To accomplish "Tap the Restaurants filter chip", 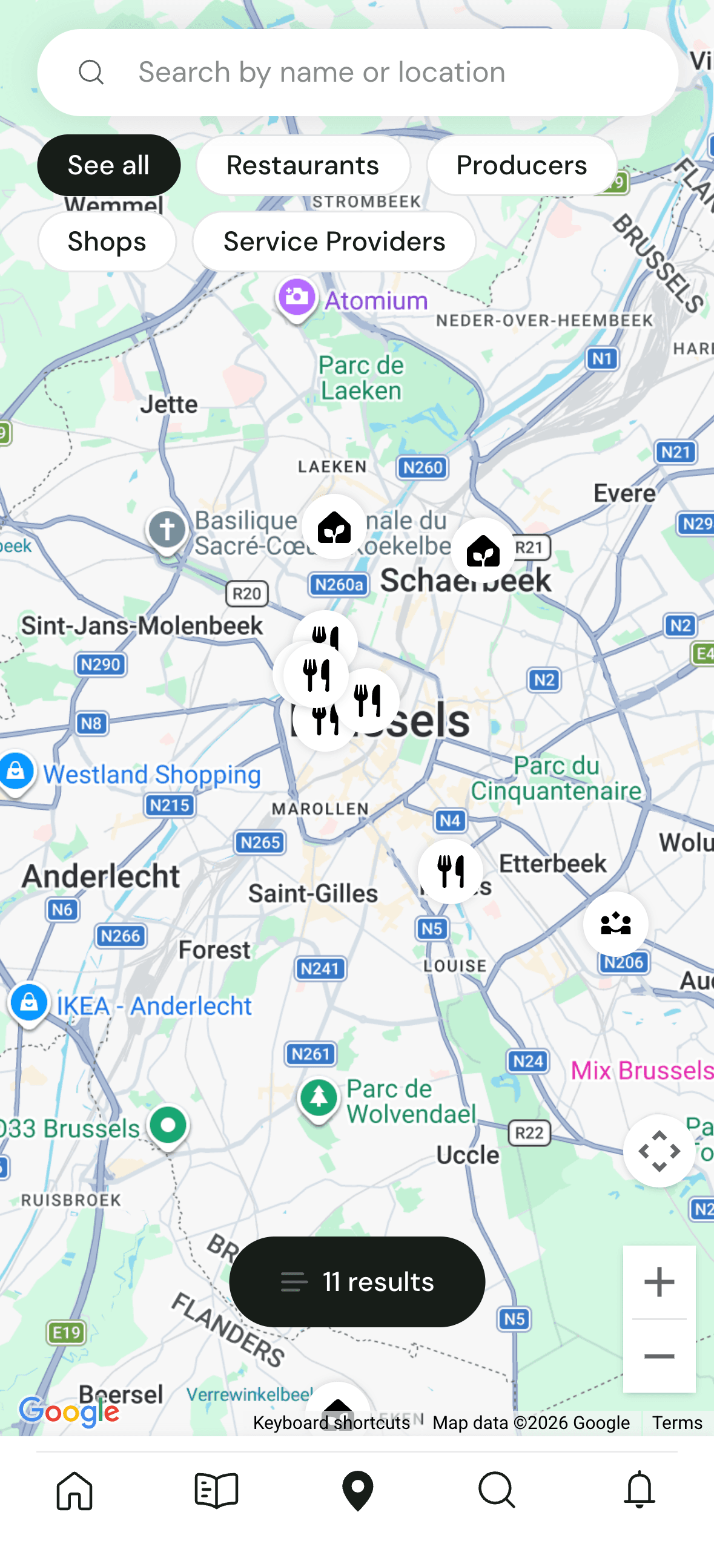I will (x=303, y=165).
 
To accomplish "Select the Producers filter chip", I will (x=521, y=165).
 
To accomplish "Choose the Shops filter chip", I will (x=107, y=241).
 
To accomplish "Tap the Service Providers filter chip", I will (x=334, y=241).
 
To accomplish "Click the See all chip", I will (x=108, y=165).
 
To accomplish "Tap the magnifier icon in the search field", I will (x=91, y=73).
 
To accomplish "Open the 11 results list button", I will (x=357, y=1281).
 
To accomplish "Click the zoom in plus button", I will (x=659, y=1281).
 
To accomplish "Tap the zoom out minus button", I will (x=659, y=1356).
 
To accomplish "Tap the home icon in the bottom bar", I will (x=74, y=1490).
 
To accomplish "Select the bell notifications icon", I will (x=639, y=1490).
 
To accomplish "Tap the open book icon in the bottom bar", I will (x=216, y=1490).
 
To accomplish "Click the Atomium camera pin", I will (x=297, y=298).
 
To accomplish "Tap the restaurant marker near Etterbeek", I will (x=451, y=871).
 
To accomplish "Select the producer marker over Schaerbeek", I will (x=483, y=550).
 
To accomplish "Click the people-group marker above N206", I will (x=615, y=924).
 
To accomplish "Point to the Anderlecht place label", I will (x=101, y=876).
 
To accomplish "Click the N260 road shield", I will (x=423, y=467).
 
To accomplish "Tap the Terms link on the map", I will (x=676, y=1422).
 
